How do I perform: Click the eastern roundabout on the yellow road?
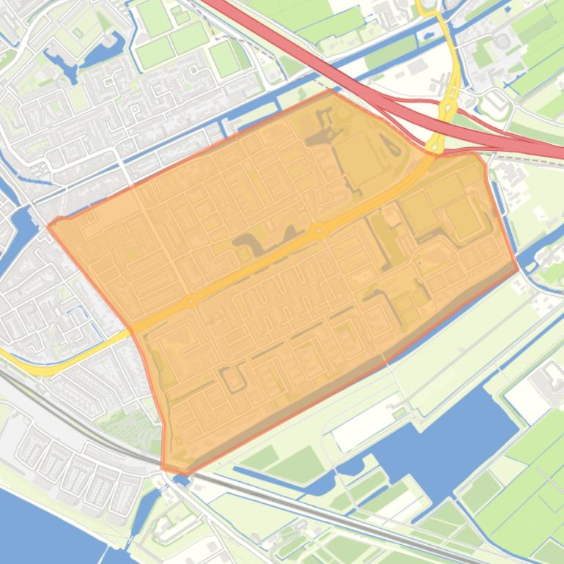tap(319, 231)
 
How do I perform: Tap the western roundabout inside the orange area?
tap(192, 300)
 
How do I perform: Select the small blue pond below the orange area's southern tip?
tap(182, 480)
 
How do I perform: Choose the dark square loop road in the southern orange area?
tap(233, 377)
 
